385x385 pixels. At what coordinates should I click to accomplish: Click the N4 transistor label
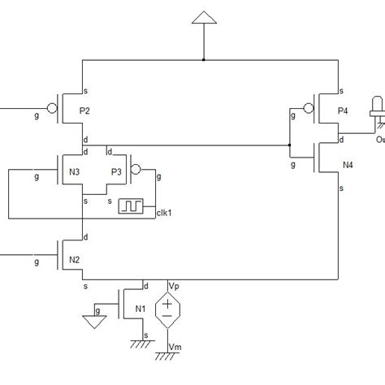[x=348, y=165]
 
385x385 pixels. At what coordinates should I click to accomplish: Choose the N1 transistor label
[x=141, y=308]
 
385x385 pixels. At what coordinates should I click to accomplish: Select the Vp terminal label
[x=174, y=285]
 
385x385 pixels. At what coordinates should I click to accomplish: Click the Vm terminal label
[x=174, y=348]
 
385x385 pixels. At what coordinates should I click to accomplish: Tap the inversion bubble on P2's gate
[x=52, y=107]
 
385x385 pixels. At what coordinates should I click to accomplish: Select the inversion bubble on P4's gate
[x=307, y=107]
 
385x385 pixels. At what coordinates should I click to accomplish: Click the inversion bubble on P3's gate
[x=136, y=170]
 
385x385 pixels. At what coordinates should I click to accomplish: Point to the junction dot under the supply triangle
[x=203, y=60]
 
